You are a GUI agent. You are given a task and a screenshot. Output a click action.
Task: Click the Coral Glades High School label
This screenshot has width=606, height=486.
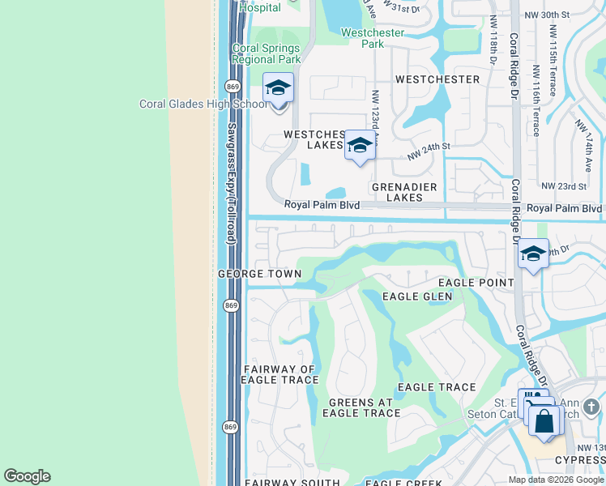(x=203, y=104)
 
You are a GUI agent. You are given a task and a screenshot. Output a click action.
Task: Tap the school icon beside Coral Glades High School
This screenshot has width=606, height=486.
(x=278, y=87)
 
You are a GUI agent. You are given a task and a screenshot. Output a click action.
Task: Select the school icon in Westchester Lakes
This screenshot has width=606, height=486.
(x=360, y=146)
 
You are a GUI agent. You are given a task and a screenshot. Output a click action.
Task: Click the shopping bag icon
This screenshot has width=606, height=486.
(x=545, y=421)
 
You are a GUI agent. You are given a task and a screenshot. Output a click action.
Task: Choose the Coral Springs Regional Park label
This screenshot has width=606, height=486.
(x=267, y=53)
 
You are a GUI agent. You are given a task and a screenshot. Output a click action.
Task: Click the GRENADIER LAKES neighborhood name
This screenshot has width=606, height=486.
(x=397, y=192)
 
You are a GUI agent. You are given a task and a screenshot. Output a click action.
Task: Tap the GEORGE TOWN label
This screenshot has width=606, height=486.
(x=259, y=275)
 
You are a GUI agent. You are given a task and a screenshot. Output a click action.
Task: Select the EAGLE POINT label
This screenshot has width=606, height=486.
(x=476, y=283)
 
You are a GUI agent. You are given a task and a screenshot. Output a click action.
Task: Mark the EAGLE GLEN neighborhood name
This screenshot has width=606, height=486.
(x=417, y=296)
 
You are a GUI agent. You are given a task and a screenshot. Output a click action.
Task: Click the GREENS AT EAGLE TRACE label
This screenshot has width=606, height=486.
(x=361, y=407)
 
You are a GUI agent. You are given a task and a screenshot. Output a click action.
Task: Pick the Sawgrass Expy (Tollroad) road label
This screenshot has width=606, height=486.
(x=231, y=184)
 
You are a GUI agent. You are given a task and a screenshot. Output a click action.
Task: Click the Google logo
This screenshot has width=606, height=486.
(x=27, y=476)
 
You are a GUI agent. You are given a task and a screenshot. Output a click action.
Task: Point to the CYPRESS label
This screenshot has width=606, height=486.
(x=578, y=460)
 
